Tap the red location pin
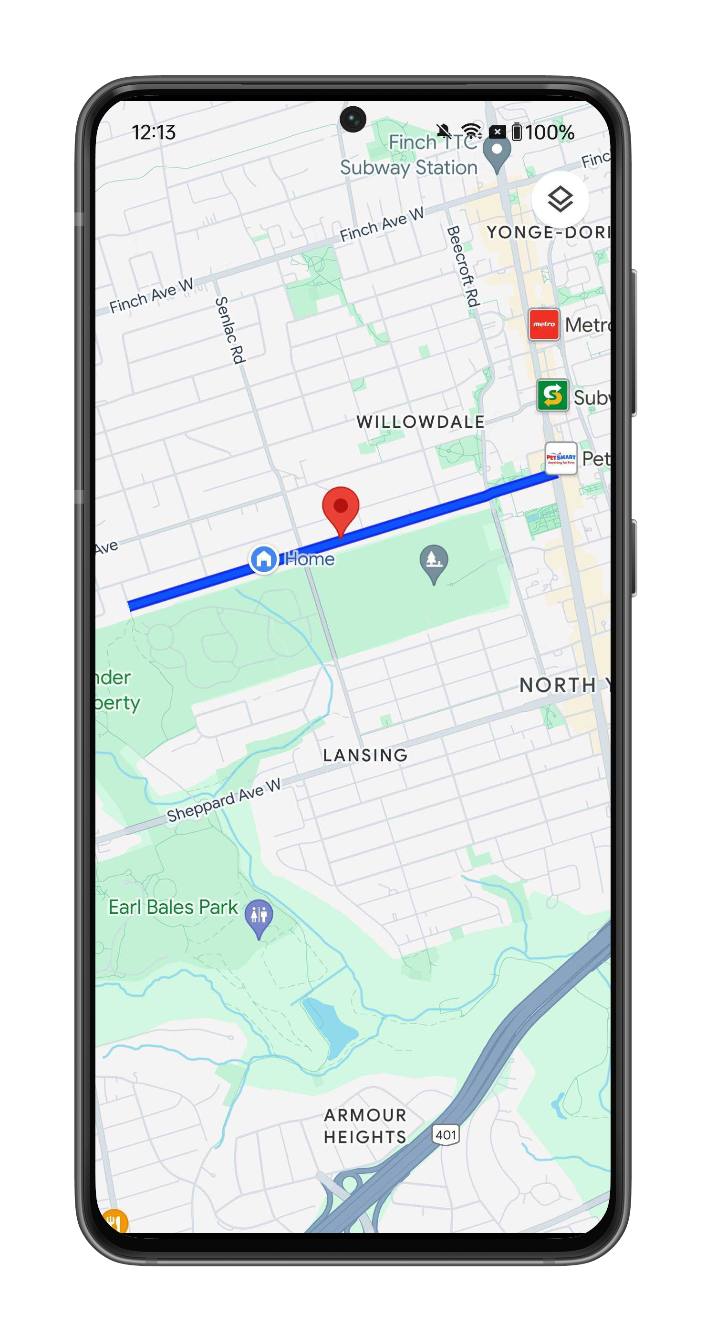pyautogui.click(x=341, y=507)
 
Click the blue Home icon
pyautogui.click(x=264, y=559)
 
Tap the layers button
pyautogui.click(x=560, y=199)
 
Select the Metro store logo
pyautogui.click(x=544, y=324)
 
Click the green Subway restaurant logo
pyautogui.click(x=552, y=395)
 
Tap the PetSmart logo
pyautogui.click(x=561, y=458)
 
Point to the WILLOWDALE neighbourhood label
pyautogui.click(x=420, y=422)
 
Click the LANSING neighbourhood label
pyautogui.click(x=365, y=756)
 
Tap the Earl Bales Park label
pyautogui.click(x=173, y=907)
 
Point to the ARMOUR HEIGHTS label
pyautogui.click(x=365, y=1126)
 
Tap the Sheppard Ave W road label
pyautogui.click(x=223, y=800)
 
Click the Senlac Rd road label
pyautogui.click(x=229, y=330)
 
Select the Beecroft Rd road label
pyautogui.click(x=463, y=267)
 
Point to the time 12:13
pyautogui.click(x=154, y=132)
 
